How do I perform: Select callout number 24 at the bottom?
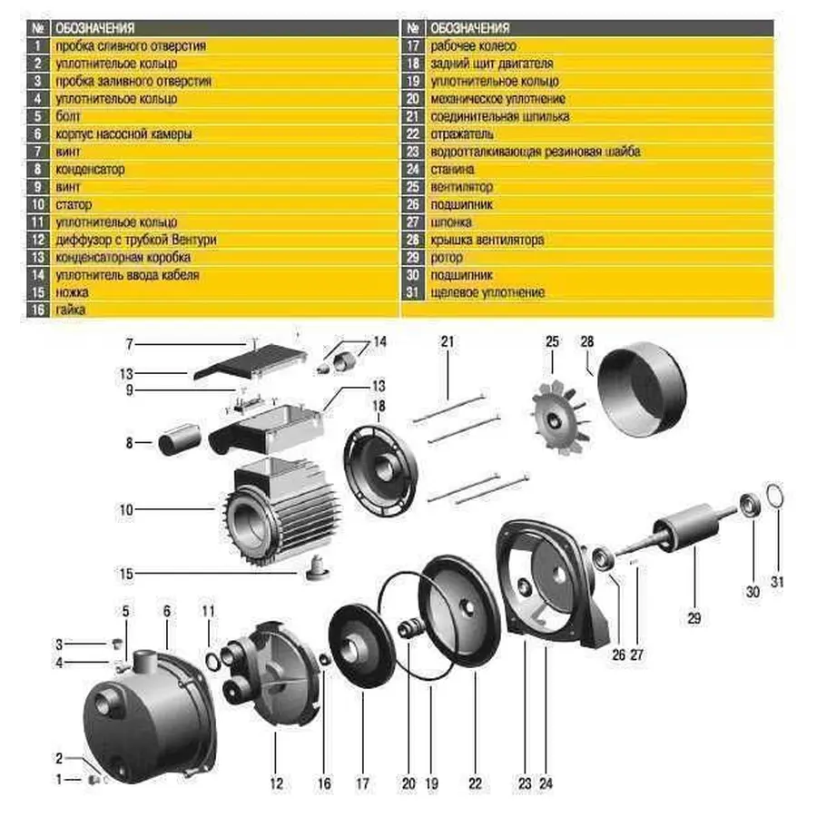[x=545, y=783]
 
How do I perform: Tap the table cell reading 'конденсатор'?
[x=90, y=169]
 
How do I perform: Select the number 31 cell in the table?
[x=412, y=293]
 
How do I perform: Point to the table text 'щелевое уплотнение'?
[x=488, y=293]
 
